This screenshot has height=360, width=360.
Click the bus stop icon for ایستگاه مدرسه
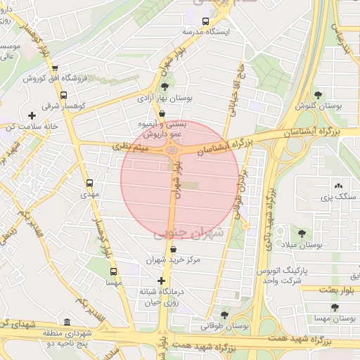(x=205, y=21)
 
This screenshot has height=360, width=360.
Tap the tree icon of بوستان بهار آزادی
(x=165, y=86)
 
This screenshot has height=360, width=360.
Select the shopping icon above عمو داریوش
(x=162, y=112)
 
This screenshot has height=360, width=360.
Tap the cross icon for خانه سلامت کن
(x=31, y=115)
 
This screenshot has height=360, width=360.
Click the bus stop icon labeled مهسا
(x=113, y=271)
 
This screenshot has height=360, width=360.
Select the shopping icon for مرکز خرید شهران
(x=173, y=249)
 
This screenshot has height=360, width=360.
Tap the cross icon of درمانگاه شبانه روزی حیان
(x=162, y=281)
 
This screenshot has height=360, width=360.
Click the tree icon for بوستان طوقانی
(x=224, y=315)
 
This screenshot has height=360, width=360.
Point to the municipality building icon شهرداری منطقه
(x=67, y=320)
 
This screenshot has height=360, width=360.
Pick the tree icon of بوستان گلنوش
(x=319, y=94)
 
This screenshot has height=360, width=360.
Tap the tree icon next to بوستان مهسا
(x=333, y=308)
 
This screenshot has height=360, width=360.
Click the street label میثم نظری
(x=127, y=147)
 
